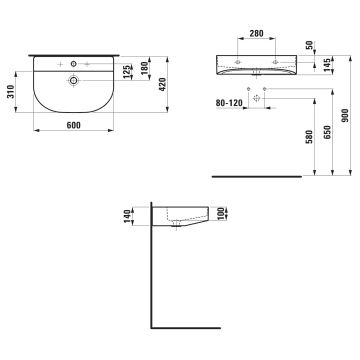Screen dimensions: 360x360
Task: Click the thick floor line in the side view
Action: (185, 327)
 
